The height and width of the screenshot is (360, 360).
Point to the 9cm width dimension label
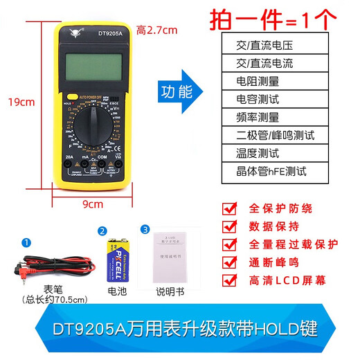pos(92,204)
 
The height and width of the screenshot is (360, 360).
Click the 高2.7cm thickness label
pos(156,30)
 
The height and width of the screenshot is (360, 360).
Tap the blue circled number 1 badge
pos(27,242)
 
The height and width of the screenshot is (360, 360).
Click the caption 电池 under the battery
pos(118,291)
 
